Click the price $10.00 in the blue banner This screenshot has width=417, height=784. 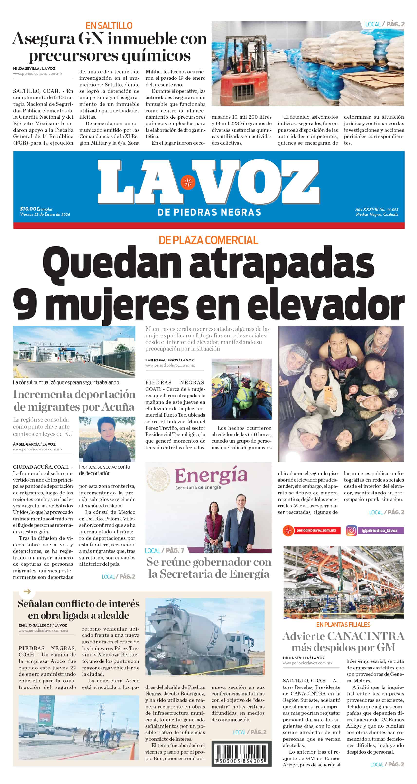coord(28,209)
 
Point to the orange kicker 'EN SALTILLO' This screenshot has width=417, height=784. coord(109,26)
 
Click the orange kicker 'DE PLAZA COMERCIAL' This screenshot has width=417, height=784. coord(208,240)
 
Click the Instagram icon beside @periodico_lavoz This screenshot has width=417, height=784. coord(351,530)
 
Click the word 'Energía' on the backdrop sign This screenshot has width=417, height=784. coord(211,476)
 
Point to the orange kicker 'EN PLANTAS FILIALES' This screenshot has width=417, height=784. coord(343,625)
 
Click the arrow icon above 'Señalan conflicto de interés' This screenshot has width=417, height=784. coord(27,592)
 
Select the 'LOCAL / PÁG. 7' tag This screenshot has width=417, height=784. coord(164,551)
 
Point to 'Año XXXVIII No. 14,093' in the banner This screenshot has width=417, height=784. coord(376,209)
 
